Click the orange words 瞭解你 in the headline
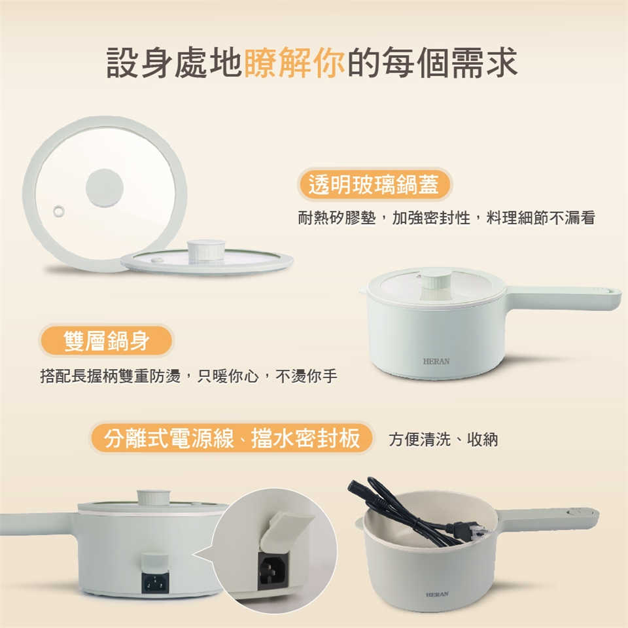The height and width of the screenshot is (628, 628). [x=294, y=62]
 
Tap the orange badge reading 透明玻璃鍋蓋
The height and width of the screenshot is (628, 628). [x=374, y=184]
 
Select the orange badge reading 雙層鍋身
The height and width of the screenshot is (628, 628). [x=106, y=341]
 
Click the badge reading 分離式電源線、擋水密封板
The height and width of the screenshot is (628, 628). [x=232, y=438]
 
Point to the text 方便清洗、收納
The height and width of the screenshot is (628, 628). [x=444, y=440]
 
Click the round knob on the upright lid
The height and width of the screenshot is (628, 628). [x=105, y=188]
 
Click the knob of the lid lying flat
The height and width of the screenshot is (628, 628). [x=206, y=251]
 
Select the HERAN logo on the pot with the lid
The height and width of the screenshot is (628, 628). [x=436, y=361]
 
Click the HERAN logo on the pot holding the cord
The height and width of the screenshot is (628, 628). [x=437, y=595]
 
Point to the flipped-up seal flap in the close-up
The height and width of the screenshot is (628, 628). [x=285, y=529]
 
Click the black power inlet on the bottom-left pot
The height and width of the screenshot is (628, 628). [x=155, y=582]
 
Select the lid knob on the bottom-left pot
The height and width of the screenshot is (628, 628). [x=154, y=497]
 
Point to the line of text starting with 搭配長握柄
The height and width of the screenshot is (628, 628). [x=188, y=376]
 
